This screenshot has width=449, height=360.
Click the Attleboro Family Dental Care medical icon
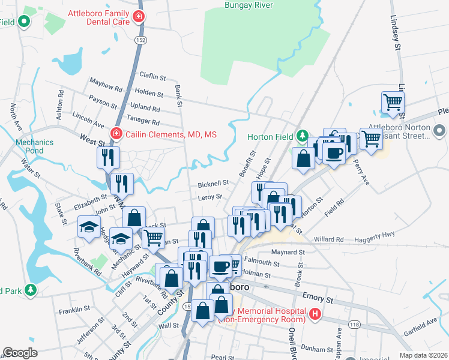(x=139, y=16)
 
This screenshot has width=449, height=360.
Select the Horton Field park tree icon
(x=303, y=136)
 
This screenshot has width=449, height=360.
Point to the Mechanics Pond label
(x=35, y=146)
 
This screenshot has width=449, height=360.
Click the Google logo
(x=20, y=353)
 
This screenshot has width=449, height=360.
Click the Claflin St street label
(x=152, y=77)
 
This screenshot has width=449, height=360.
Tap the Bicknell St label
(x=213, y=183)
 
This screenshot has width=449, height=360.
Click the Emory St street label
(x=318, y=298)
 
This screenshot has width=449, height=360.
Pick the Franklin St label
(x=74, y=311)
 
